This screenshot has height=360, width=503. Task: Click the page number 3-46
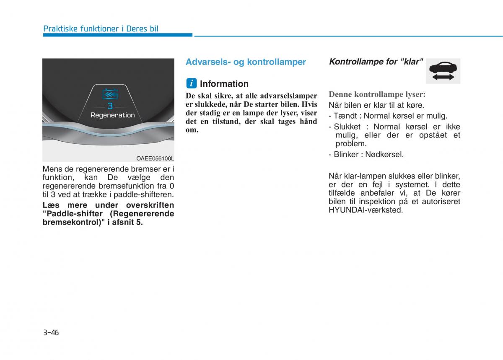click(x=51, y=333)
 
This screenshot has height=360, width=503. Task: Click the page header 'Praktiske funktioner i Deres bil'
click(x=101, y=28)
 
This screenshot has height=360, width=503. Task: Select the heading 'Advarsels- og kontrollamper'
click(x=246, y=62)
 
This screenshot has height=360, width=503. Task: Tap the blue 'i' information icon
click(x=191, y=83)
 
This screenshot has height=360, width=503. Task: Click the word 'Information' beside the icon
click(x=224, y=84)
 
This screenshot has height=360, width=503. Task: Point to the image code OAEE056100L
click(x=155, y=158)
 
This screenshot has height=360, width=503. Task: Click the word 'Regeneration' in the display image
click(x=113, y=115)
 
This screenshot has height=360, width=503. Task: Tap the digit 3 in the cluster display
click(x=110, y=106)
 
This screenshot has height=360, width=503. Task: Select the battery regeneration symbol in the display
click(x=110, y=93)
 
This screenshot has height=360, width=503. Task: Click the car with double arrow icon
click(x=443, y=71)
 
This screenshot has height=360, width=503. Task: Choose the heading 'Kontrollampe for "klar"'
click(x=376, y=62)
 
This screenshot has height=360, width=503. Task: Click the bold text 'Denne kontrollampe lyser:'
click(x=377, y=94)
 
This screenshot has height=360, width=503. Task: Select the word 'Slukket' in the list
click(x=347, y=127)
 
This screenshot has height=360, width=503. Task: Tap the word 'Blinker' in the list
click(x=346, y=154)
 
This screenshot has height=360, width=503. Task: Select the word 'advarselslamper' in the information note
click(x=288, y=96)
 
